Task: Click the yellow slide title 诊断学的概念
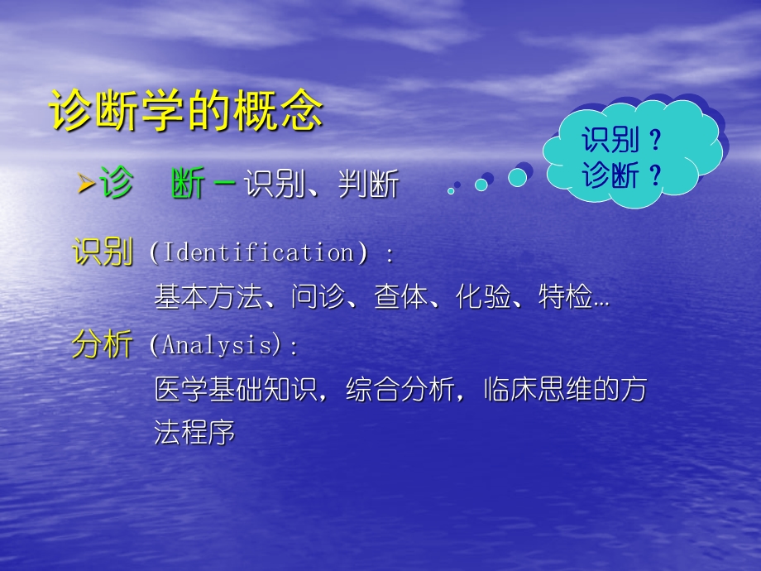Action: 186,111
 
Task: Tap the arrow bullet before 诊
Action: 84,185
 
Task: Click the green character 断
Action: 189,185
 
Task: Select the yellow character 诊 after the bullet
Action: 116,184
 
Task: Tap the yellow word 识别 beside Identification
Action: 103,252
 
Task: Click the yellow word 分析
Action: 103,345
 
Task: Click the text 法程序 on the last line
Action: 194,432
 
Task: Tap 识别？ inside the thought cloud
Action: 622,141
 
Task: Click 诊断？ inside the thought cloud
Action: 622,175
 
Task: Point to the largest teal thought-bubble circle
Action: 517,177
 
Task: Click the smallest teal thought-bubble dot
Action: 451,191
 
